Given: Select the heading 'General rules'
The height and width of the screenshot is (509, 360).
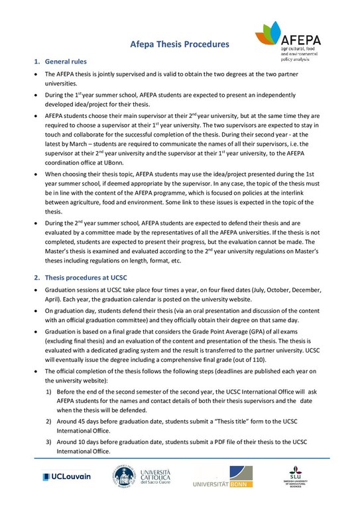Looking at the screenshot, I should (66, 62).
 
